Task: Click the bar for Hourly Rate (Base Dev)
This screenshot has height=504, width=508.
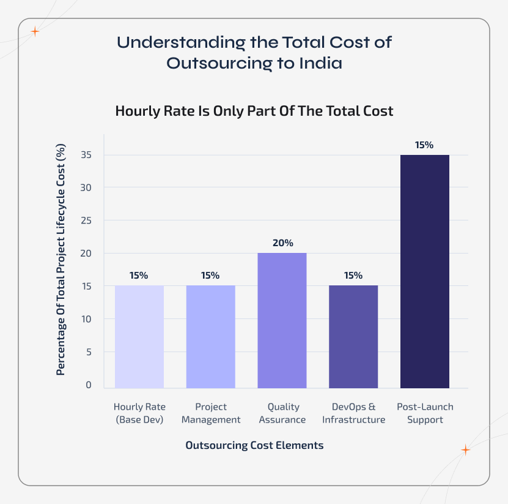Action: (x=139, y=336)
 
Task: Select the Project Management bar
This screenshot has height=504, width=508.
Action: (x=210, y=336)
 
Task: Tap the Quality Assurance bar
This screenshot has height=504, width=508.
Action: (x=282, y=320)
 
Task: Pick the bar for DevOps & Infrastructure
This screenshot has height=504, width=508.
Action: (x=353, y=336)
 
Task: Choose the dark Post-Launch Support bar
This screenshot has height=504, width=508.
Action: (x=424, y=271)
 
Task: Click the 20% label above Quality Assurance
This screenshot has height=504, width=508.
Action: (x=282, y=243)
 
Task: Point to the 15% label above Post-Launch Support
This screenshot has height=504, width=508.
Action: (x=424, y=145)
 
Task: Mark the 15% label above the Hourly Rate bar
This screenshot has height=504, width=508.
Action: (x=139, y=276)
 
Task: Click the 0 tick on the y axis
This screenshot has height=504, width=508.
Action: (x=89, y=385)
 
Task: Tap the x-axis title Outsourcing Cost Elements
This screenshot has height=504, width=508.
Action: (x=254, y=445)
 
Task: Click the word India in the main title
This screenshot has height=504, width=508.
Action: (x=319, y=63)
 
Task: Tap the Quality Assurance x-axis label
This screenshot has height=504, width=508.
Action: (x=282, y=413)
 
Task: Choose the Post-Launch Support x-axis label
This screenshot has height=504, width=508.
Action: (x=424, y=413)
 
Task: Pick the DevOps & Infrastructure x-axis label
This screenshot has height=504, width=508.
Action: (x=353, y=413)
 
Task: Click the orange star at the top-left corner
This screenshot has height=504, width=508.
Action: (x=35, y=32)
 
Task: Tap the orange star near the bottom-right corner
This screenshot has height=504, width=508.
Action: (x=465, y=450)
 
